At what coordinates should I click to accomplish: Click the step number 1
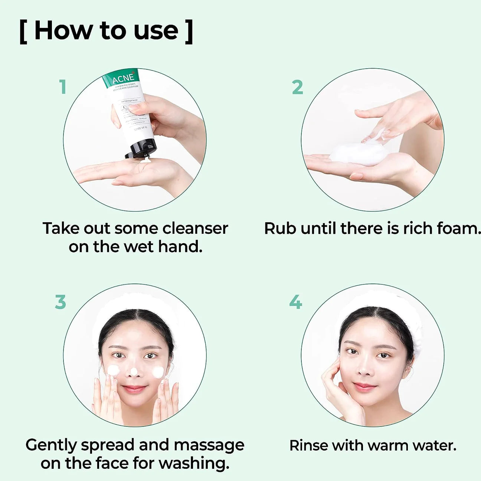pos(63,87)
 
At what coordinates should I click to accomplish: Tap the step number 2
pos(297,88)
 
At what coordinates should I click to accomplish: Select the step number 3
pos(60,302)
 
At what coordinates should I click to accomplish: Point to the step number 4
pos(295,302)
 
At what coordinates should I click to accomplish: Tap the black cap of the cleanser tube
pos(141,148)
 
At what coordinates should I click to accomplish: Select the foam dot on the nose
pos(134,371)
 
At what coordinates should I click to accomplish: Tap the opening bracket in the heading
pos(23,32)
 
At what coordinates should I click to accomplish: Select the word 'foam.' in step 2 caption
pos(458,228)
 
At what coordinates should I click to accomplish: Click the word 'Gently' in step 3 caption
pos(51,445)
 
